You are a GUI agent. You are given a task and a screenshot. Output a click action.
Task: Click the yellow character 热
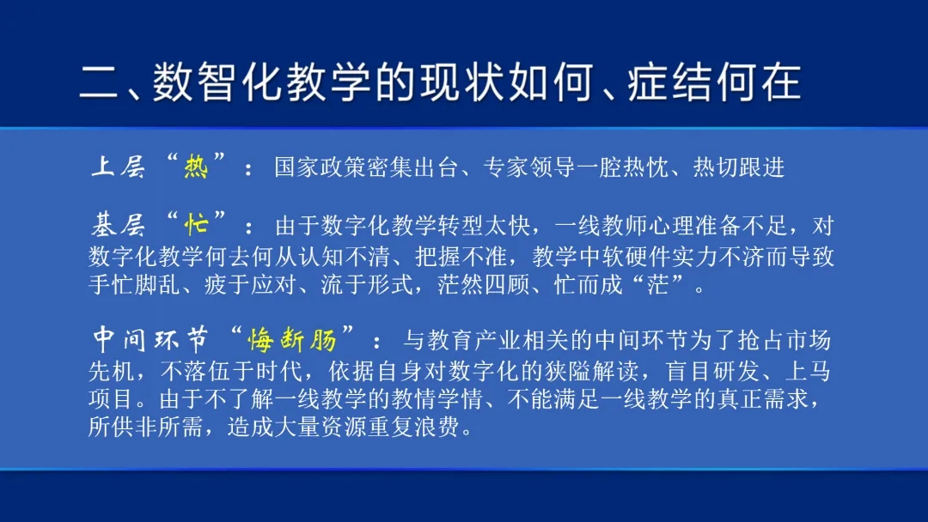click(196, 167)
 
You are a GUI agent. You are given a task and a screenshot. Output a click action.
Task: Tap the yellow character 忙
click(196, 225)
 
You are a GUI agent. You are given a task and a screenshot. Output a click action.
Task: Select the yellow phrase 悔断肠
click(292, 340)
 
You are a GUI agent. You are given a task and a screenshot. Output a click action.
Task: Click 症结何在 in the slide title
click(715, 82)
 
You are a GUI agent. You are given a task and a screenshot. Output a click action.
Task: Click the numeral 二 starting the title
click(100, 82)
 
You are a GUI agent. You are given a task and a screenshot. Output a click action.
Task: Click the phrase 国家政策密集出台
click(367, 167)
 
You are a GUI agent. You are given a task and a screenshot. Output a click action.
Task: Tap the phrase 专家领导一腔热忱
click(576, 167)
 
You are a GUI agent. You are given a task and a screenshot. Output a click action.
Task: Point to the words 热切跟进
click(739, 167)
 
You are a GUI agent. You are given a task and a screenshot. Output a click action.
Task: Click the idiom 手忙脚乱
click(134, 284)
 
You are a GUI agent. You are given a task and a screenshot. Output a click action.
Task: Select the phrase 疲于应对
click(250, 284)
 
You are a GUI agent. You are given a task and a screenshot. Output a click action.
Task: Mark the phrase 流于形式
click(366, 284)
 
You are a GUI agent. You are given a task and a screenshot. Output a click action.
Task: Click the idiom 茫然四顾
click(484, 284)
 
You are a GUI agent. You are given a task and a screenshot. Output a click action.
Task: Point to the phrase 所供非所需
click(145, 427)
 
